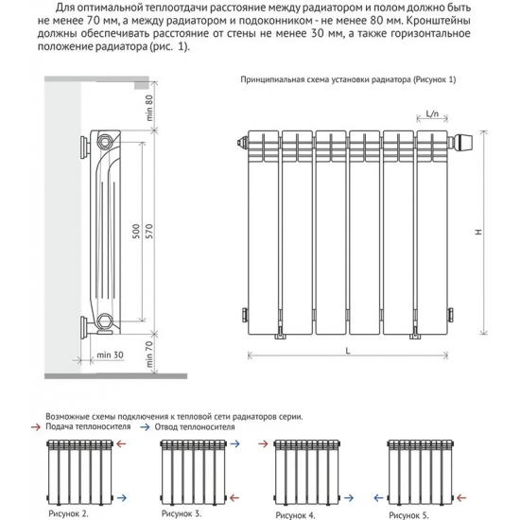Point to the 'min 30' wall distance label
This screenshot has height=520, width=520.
(x=110, y=355)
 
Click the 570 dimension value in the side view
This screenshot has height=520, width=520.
(x=147, y=234)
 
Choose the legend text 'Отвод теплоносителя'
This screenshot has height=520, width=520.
(x=189, y=427)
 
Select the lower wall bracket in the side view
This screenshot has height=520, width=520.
(x=80, y=327)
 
